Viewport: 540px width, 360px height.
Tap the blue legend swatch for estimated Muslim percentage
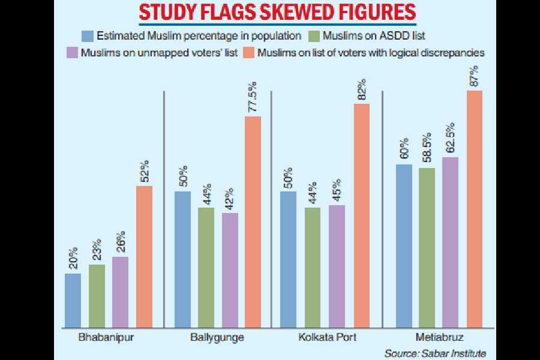tap(89, 36)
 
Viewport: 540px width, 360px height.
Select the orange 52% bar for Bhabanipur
tap(145, 256)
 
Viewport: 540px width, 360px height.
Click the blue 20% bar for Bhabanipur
tap(73, 300)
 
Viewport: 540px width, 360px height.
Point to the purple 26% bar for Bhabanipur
tap(121, 292)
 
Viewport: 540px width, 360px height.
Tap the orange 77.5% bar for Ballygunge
tap(253, 221)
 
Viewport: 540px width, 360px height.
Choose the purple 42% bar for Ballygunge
tap(230, 270)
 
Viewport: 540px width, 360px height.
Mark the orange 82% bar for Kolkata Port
tap(361, 215)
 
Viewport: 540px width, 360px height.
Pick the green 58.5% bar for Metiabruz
tap(427, 247)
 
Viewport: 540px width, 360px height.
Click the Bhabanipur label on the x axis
tap(106, 337)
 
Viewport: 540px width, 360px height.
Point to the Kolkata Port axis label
tap(328, 337)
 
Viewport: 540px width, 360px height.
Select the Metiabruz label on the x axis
tap(439, 337)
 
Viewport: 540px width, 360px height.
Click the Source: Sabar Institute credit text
tap(435, 352)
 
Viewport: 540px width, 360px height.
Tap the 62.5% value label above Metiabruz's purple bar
tap(451, 139)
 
